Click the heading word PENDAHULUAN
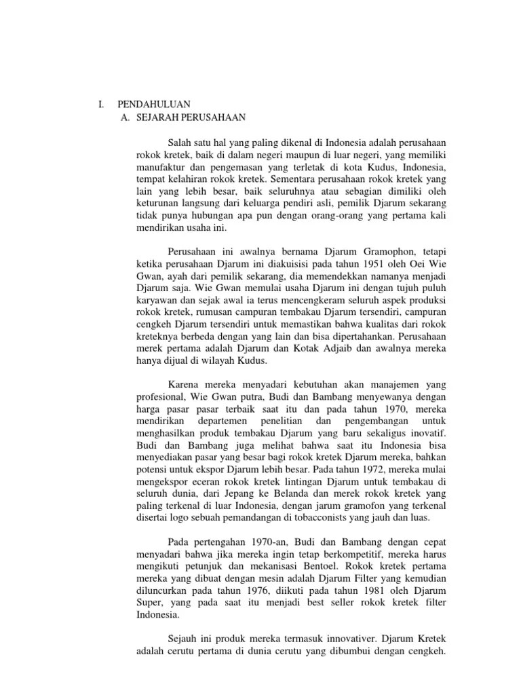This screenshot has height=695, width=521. point(154,105)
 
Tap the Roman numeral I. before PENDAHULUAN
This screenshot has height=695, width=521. point(102,105)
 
